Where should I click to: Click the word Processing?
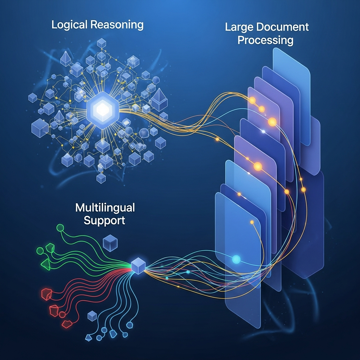265,40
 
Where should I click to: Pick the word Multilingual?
105,208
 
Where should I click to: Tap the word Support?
105,220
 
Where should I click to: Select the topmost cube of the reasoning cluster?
102,43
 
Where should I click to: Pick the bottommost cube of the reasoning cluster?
101,178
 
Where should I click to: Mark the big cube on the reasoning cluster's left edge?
39,128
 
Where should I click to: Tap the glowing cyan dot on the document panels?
236,259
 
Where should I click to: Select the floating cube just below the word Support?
110,243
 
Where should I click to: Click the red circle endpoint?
62,314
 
